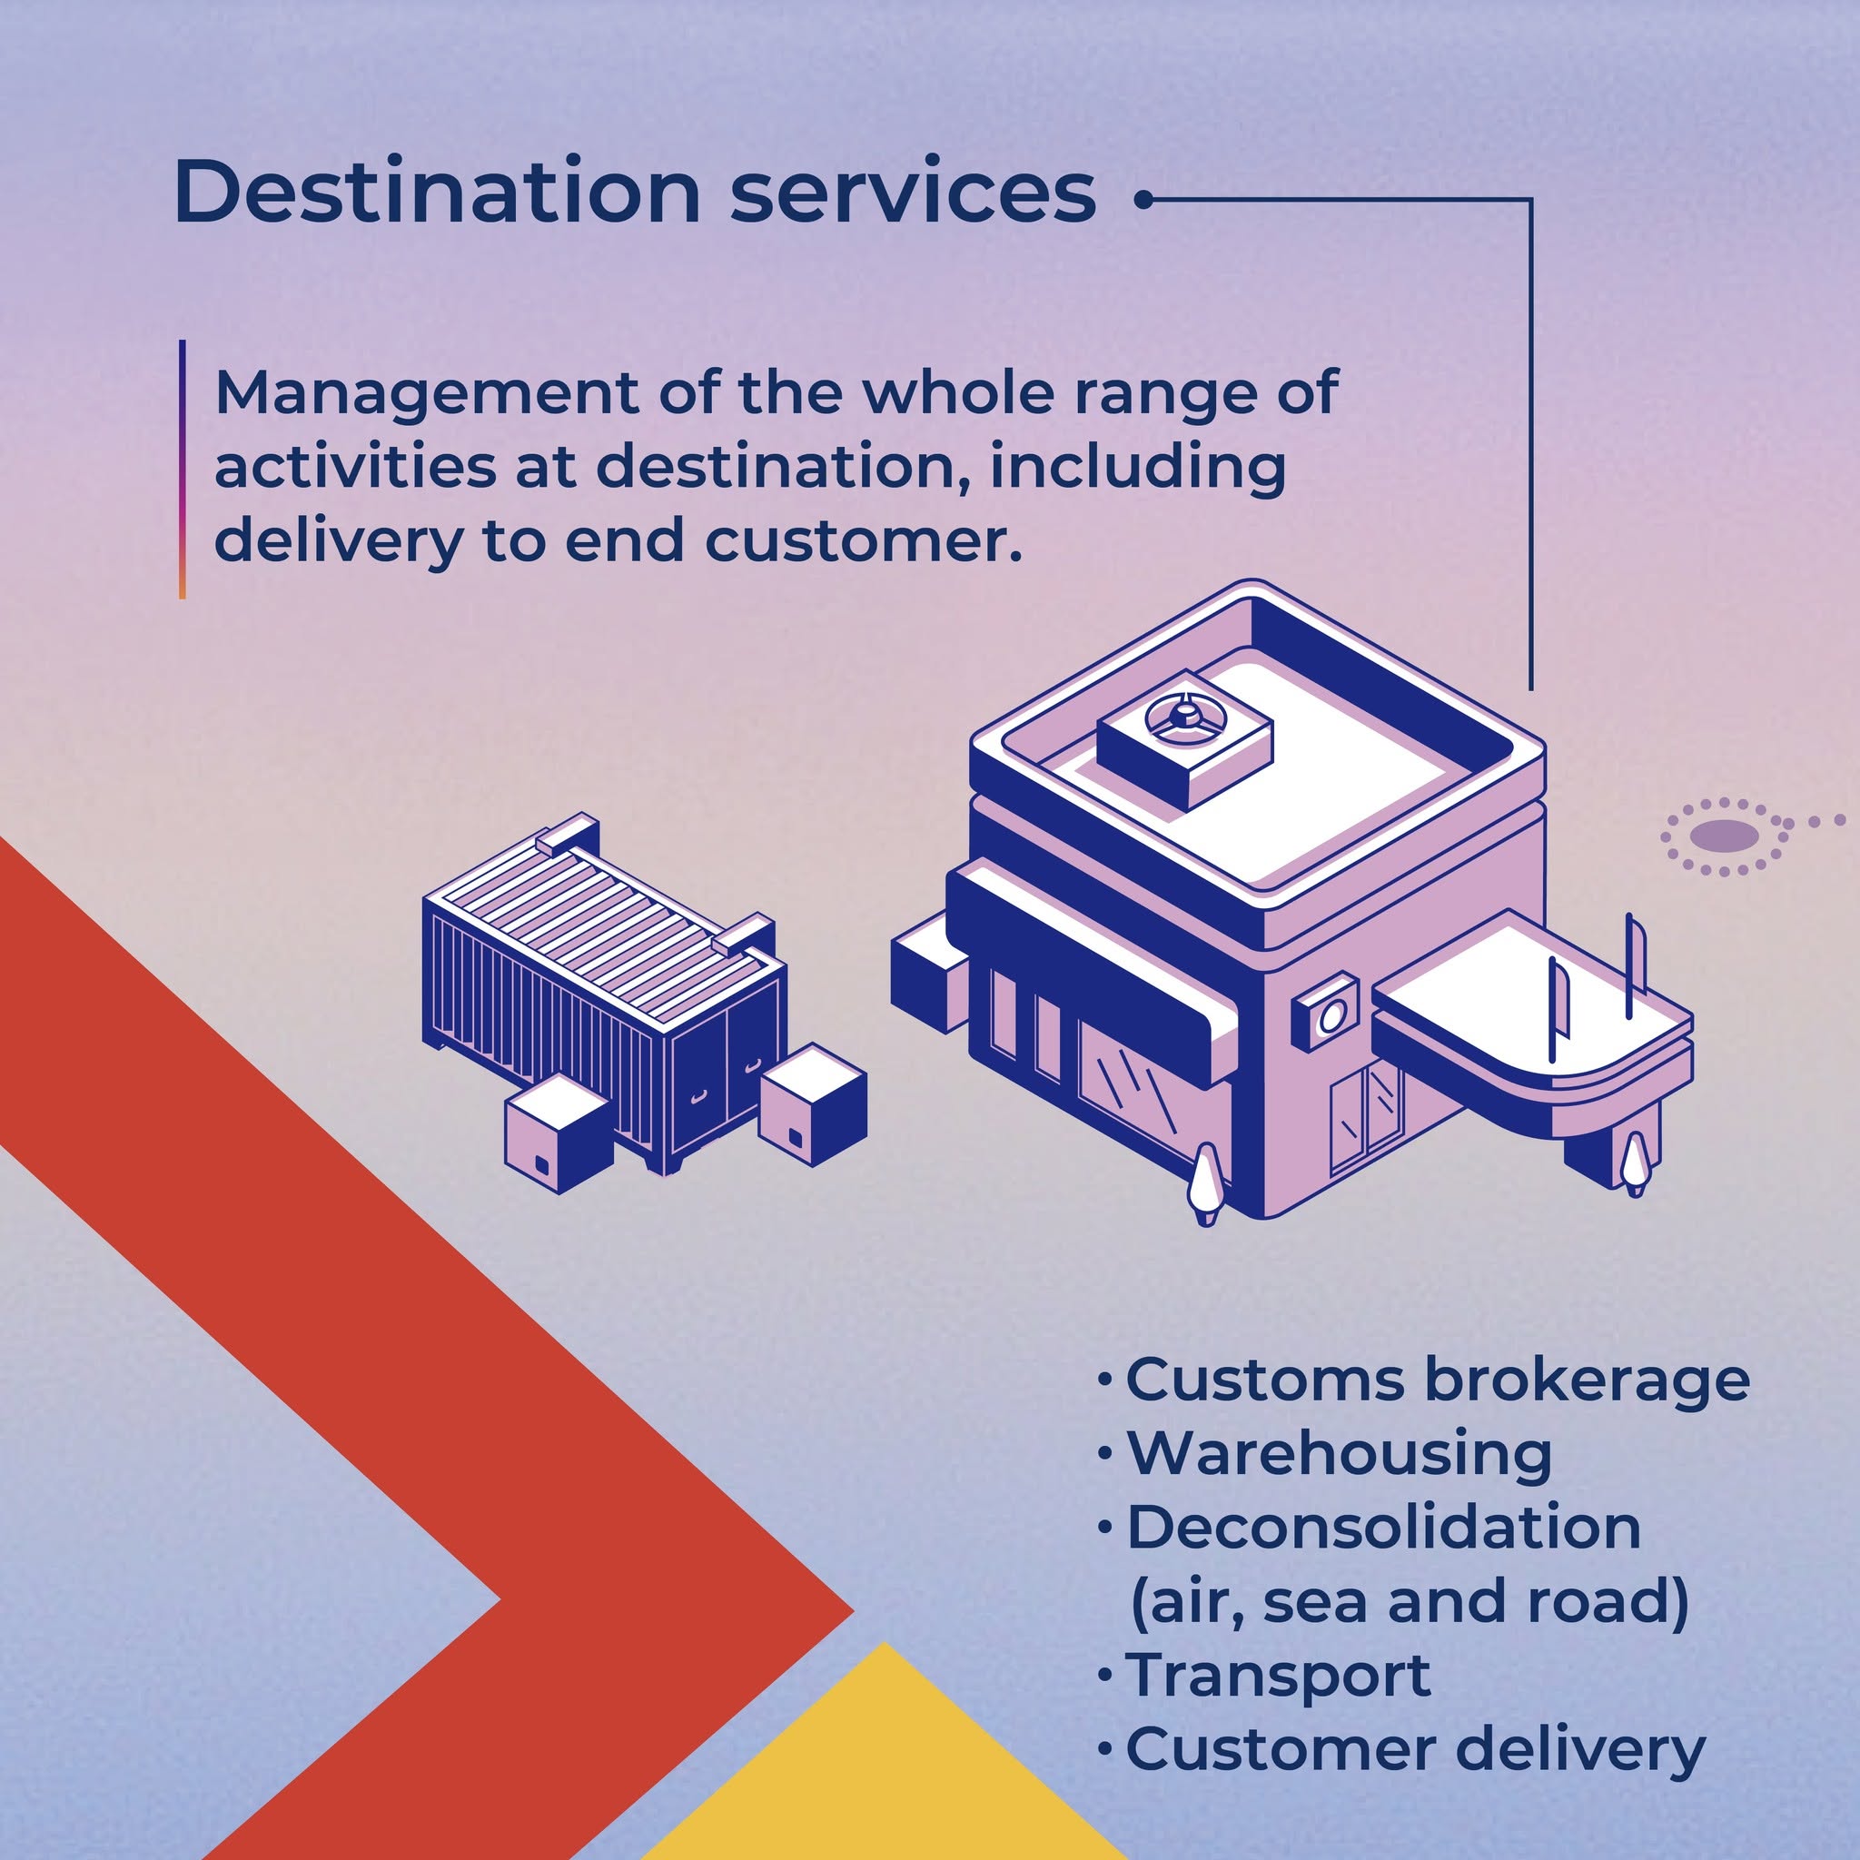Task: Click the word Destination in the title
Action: (x=437, y=191)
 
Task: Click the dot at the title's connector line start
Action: (x=1143, y=200)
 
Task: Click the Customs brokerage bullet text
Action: (x=1438, y=1380)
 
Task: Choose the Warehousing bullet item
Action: (x=1340, y=1453)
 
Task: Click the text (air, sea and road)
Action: (x=1410, y=1600)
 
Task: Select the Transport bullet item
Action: (x=1279, y=1675)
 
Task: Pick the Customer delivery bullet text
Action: (x=1416, y=1749)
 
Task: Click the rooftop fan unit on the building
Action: (x=1184, y=749)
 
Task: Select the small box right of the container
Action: (x=813, y=1105)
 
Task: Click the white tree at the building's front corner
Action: (x=1205, y=1184)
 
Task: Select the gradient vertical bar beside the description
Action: (x=182, y=469)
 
